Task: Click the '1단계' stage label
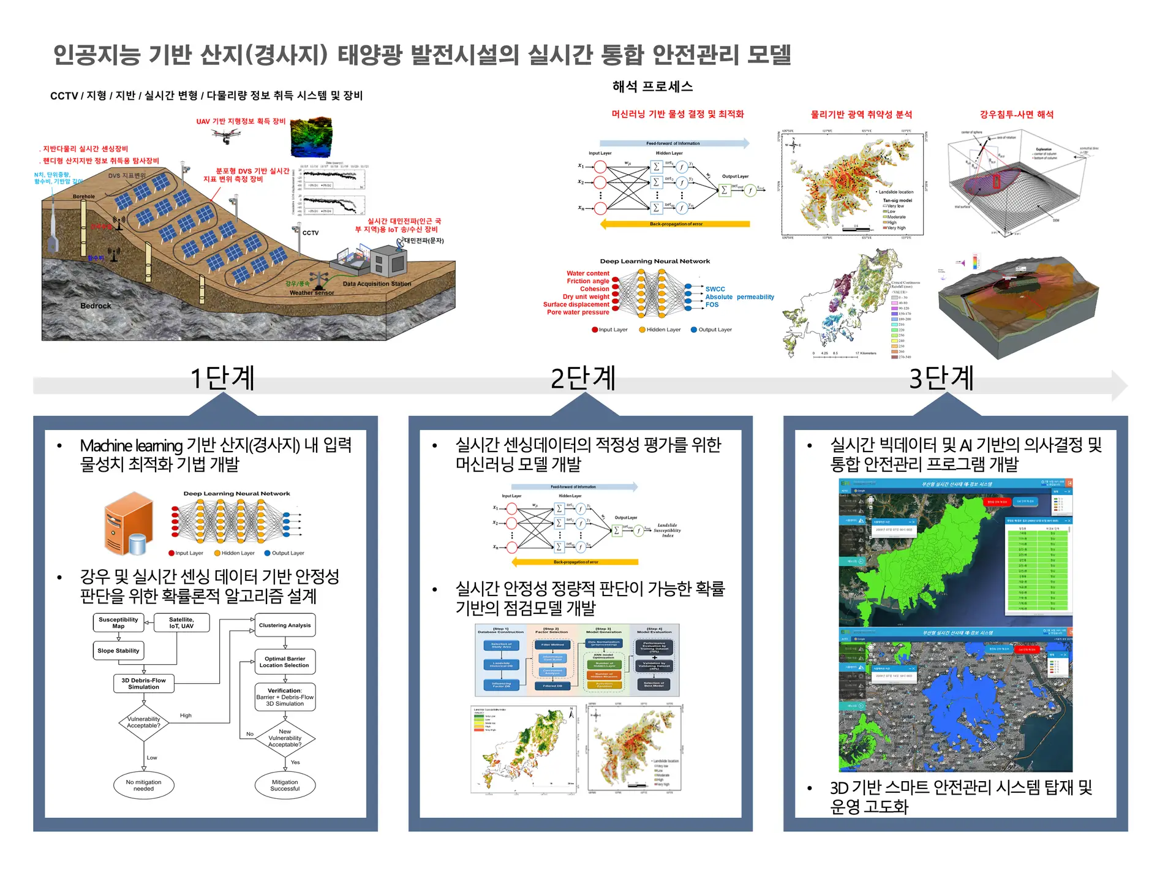pos(222,378)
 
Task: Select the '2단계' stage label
pos(582,378)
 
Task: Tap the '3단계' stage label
pos(941,378)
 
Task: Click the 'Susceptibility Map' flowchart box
pos(118,623)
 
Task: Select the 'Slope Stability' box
pos(118,651)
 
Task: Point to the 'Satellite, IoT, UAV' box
pos(181,623)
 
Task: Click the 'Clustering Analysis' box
pos(285,626)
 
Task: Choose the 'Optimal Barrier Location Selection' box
pos(285,662)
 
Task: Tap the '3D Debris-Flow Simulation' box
pos(144,684)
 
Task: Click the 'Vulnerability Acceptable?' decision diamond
pos(144,723)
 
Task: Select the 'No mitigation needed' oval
pos(144,785)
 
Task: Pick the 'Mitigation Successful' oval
pos(285,785)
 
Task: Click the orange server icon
pos(128,523)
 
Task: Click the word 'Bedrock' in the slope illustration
pos(96,306)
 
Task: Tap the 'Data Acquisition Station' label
pos(377,284)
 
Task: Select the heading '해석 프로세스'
pos(652,87)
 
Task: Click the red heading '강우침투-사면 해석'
pos(1016,115)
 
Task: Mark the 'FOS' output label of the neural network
pos(712,304)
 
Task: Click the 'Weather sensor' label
pos(312,293)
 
